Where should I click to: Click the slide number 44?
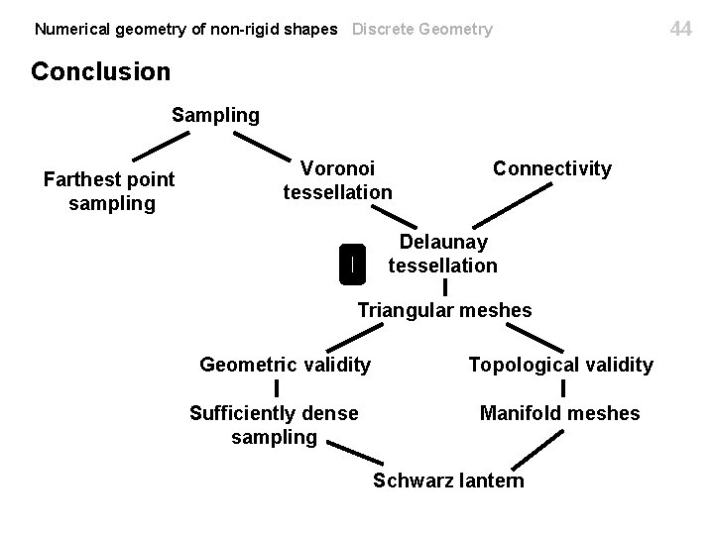tap(680, 29)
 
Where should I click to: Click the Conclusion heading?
tap(101, 72)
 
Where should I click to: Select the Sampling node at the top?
tap(215, 115)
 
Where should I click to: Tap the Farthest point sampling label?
tap(109, 191)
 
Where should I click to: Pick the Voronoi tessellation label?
tap(337, 179)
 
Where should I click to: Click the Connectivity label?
tap(552, 168)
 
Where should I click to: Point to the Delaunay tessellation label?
tap(442, 254)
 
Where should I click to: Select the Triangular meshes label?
tap(444, 310)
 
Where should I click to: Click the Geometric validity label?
tap(286, 365)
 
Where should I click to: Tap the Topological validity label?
tap(560, 365)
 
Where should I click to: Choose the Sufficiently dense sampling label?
tap(274, 425)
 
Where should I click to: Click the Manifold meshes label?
tap(559, 413)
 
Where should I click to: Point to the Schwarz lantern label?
tap(448, 481)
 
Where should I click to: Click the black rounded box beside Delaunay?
tap(352, 263)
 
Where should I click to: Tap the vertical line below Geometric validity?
tap(277, 388)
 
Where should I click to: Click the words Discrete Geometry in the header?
tap(421, 29)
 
